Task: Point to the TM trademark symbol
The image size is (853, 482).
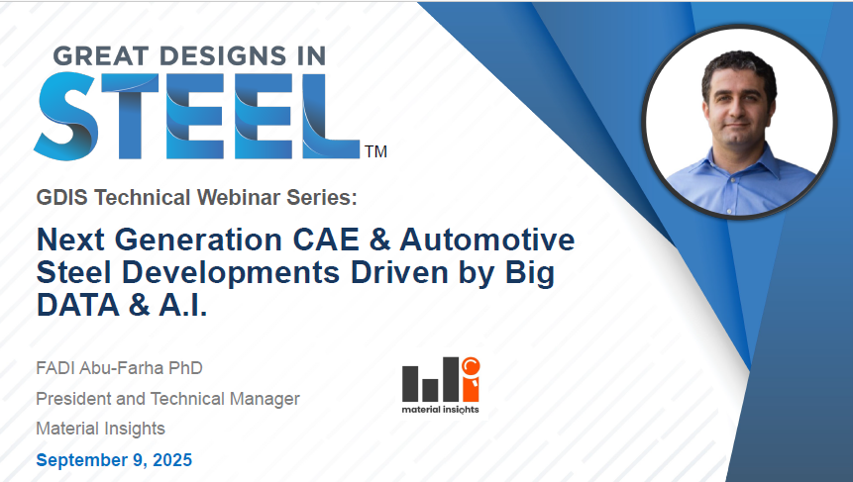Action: (x=375, y=152)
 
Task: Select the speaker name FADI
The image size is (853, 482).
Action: (x=58, y=369)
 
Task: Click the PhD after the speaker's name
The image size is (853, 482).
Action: (x=183, y=369)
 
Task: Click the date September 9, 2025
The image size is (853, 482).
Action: (x=114, y=460)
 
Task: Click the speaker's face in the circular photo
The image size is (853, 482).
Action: (x=737, y=100)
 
